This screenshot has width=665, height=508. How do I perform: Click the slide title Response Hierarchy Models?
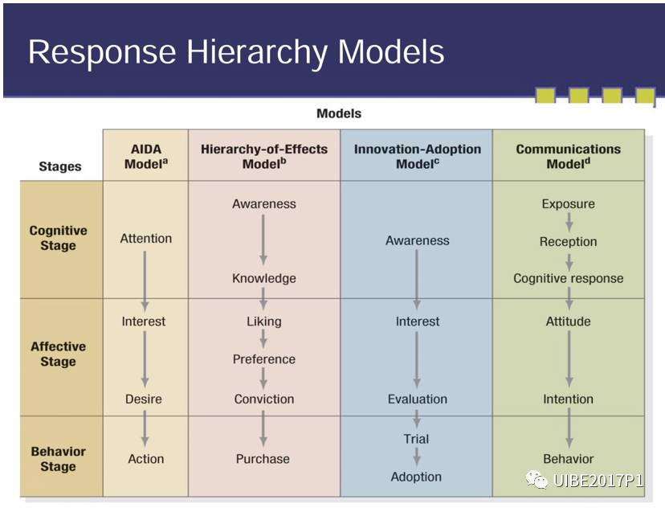(235, 51)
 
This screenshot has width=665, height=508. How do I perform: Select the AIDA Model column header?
(145, 156)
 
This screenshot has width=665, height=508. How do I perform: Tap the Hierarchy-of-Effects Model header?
(264, 156)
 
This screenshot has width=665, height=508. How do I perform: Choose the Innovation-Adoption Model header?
(417, 156)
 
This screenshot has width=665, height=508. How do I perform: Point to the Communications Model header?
(568, 156)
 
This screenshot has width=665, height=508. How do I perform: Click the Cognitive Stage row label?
(58, 238)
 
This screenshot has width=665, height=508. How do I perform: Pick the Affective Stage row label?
(58, 354)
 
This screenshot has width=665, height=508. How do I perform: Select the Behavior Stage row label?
(58, 459)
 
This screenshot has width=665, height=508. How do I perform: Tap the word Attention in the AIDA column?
(145, 238)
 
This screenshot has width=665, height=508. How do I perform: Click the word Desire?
(144, 399)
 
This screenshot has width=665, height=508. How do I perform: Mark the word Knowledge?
(263, 278)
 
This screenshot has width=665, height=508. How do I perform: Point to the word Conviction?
(263, 399)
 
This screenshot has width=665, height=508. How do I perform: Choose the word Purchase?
(263, 459)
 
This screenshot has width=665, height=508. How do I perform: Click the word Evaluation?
(417, 399)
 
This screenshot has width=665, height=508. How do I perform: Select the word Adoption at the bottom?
(416, 477)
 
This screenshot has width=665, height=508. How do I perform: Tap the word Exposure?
(568, 203)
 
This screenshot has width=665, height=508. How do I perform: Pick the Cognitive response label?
(568, 278)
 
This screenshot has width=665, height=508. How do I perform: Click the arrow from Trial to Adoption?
(417, 457)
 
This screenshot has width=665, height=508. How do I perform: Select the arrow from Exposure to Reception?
(569, 222)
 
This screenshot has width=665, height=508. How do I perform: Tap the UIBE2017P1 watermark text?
(598, 481)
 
